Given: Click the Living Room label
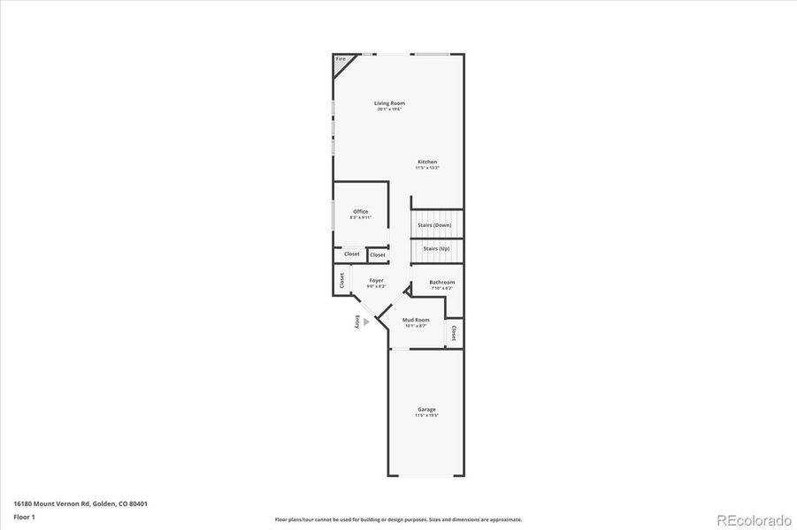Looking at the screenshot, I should (389, 103).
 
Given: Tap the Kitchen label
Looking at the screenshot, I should (427, 162).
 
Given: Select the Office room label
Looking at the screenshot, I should (360, 211).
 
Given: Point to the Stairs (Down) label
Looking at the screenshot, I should (435, 225).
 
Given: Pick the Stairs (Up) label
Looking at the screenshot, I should (436, 249).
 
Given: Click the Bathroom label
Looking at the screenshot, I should (442, 283).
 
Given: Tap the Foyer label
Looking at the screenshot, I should (376, 281).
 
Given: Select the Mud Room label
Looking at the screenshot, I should (416, 320).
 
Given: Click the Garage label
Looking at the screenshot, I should (426, 409).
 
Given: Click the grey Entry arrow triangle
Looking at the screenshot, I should (366, 322).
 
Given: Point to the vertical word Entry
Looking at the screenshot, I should (357, 322).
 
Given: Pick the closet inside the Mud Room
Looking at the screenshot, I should (454, 333).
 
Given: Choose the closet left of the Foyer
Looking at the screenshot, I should (341, 280).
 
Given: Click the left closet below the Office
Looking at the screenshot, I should (351, 254).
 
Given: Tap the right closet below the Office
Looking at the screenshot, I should (378, 255).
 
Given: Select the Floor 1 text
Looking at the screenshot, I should (24, 516).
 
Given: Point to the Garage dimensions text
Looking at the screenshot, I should (426, 415).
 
